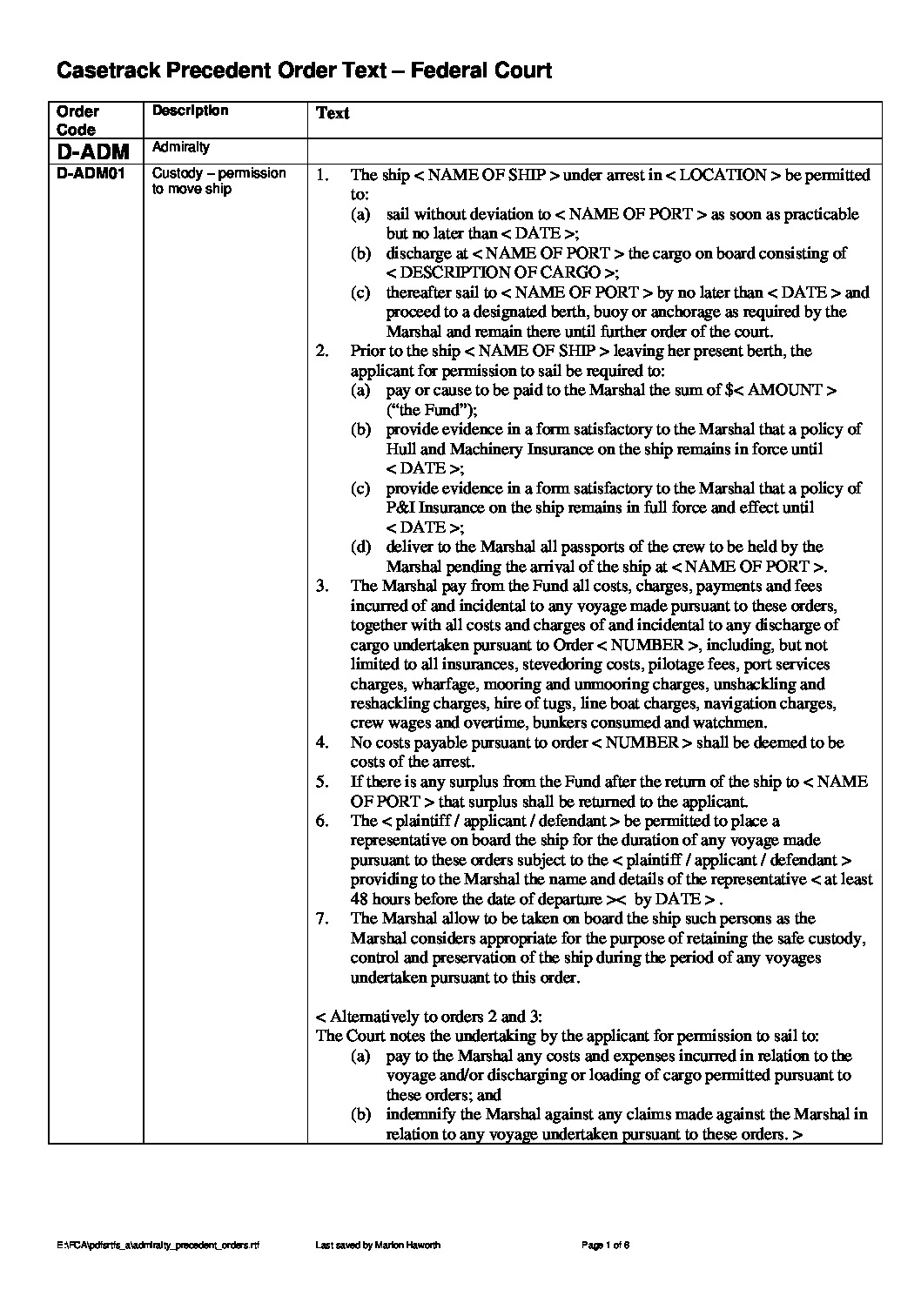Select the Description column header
[x=190, y=111]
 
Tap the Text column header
[x=333, y=113]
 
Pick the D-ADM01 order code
[x=91, y=174]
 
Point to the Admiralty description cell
[x=181, y=148]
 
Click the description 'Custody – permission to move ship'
[x=218, y=181]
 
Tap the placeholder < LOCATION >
[x=722, y=175]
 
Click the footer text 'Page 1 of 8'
[x=605, y=1246]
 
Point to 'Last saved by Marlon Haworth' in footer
[x=377, y=1246]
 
